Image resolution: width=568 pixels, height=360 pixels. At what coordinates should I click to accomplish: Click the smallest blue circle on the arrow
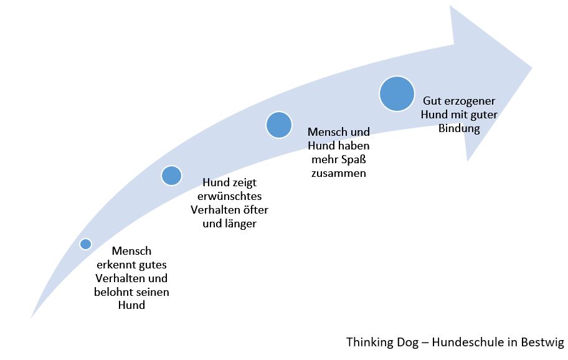[x=86, y=244]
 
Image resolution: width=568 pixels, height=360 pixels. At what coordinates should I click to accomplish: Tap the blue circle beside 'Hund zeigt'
[x=171, y=176]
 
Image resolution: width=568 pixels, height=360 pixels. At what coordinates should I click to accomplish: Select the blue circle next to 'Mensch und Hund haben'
[x=279, y=125]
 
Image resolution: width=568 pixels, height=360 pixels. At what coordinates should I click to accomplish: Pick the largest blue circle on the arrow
[x=397, y=93]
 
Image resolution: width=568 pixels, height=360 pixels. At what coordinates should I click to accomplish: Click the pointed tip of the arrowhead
[x=532, y=67]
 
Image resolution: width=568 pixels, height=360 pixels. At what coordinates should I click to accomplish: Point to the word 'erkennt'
[x=111, y=265]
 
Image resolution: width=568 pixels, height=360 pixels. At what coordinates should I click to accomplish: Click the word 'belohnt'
[x=109, y=292]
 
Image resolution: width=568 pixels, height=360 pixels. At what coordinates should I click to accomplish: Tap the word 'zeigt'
[x=245, y=183]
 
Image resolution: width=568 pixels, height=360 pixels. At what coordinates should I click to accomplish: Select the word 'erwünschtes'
[x=230, y=196]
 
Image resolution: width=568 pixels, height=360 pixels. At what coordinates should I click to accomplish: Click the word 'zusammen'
[x=339, y=173]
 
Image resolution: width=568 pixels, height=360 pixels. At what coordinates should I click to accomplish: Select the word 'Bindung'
[x=459, y=128]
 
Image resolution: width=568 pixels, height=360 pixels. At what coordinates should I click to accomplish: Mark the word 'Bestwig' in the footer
[x=542, y=343]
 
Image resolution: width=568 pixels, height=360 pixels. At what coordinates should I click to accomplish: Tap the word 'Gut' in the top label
[x=432, y=101]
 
